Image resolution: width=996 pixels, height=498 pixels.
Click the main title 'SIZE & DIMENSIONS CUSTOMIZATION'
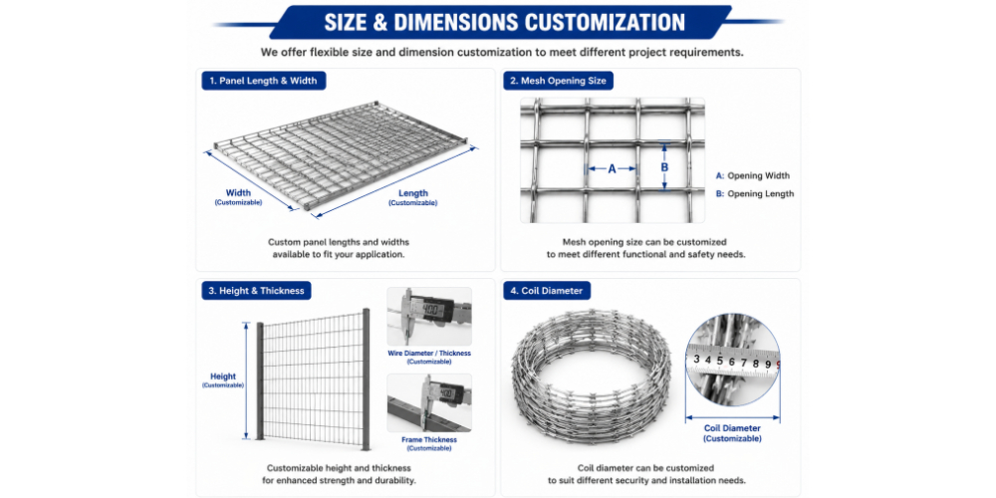[x=504, y=22]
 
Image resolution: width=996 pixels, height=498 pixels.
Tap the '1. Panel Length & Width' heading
[x=263, y=81]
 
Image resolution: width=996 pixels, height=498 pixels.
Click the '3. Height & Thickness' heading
[x=257, y=291]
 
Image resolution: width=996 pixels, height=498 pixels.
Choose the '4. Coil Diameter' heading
[x=546, y=291]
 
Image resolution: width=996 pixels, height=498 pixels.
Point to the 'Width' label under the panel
[x=238, y=192]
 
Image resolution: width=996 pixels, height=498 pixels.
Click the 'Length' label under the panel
[x=413, y=193]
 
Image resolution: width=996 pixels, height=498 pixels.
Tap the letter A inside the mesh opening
[x=612, y=169]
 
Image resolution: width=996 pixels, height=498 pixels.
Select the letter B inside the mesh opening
[x=664, y=167]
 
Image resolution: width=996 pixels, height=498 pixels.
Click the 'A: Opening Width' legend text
[x=753, y=176]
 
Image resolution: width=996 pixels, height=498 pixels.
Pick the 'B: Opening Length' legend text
[x=755, y=194]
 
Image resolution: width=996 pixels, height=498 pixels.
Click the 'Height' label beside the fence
[x=223, y=376]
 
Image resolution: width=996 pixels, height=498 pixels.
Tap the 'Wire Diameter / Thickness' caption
[x=429, y=354]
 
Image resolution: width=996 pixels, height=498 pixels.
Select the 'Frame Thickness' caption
[x=428, y=439]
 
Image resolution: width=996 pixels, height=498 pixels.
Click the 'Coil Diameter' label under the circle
[x=732, y=428]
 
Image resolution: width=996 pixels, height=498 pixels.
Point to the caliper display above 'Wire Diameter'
[x=438, y=309]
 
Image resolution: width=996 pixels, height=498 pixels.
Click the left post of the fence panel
[x=259, y=380]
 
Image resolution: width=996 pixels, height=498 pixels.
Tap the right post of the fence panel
[x=366, y=379]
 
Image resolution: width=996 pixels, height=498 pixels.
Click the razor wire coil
[x=592, y=374]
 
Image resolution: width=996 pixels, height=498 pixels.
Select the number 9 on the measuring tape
[x=768, y=364]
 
